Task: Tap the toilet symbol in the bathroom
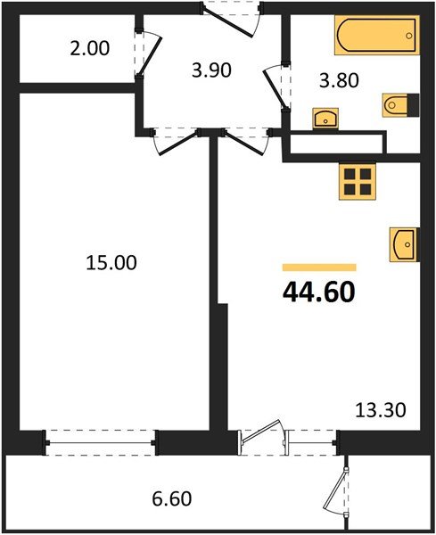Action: click(399, 106)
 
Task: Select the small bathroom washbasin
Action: click(323, 118)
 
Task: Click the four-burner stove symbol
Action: click(360, 181)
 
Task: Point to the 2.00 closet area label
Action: click(90, 48)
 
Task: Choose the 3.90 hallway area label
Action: click(212, 70)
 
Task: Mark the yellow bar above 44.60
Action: click(318, 267)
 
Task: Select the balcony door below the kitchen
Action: click(264, 440)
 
